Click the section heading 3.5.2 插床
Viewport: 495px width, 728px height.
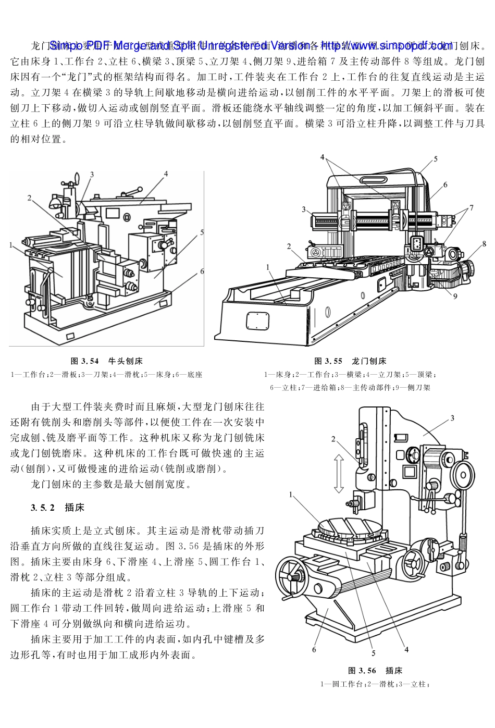tap(57, 508)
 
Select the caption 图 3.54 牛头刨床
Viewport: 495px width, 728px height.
tap(106, 361)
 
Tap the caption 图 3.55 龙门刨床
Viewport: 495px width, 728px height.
tap(350, 361)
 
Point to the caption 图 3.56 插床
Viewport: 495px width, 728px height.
tap(375, 671)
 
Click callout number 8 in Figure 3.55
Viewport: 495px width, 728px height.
tap(484, 243)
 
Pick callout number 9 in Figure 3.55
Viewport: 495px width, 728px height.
tap(455, 297)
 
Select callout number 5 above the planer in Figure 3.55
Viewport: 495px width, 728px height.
tap(436, 159)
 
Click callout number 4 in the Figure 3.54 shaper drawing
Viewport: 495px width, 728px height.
tap(165, 174)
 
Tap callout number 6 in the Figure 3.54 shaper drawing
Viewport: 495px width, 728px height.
tap(202, 271)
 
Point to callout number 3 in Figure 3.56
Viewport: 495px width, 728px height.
tap(452, 417)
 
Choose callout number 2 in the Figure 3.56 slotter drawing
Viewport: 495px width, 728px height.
tap(333, 439)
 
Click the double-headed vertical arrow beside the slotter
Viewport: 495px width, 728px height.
tap(339, 473)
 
